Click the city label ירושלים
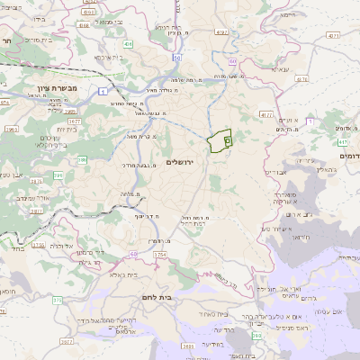point(181,161)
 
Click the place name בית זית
point(58,130)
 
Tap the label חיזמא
point(287,15)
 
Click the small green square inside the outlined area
point(227,140)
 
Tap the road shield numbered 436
point(129,42)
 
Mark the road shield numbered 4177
point(266,115)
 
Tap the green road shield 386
point(82,160)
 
